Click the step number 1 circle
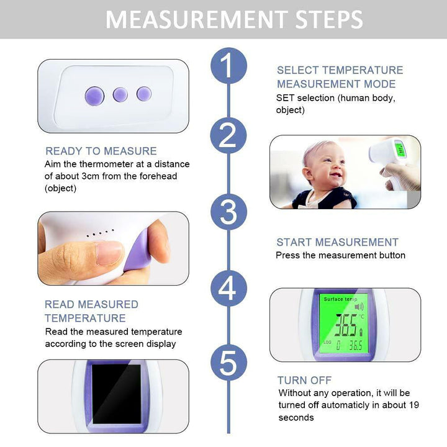point(228,66)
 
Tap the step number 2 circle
point(228,135)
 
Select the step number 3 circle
point(228,211)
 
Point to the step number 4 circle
point(228,289)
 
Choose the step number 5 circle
point(228,363)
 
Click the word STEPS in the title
point(322,19)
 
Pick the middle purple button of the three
point(120,94)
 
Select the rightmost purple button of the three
point(144,94)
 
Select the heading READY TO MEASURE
point(101,151)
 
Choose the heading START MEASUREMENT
point(337,242)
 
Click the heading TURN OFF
point(304,380)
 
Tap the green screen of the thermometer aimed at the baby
point(399,150)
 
